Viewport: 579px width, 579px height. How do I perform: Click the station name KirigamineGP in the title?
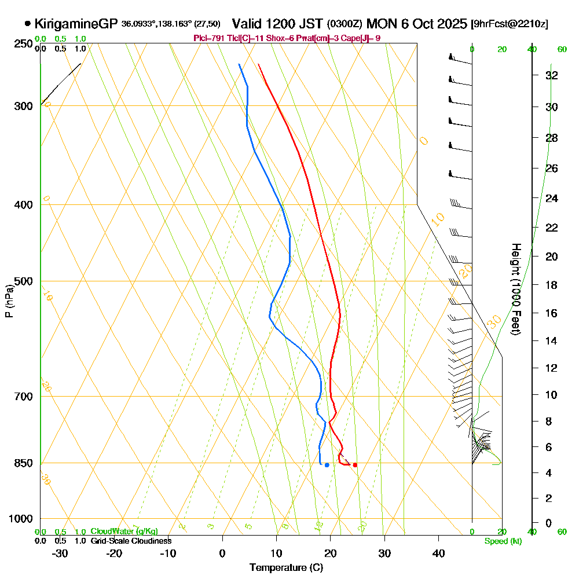coord(76,24)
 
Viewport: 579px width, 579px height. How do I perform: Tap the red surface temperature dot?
coord(355,465)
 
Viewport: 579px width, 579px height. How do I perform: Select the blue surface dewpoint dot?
coord(327,465)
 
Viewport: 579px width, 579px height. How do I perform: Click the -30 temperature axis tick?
coord(60,553)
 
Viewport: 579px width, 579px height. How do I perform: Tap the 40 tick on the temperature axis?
coord(438,553)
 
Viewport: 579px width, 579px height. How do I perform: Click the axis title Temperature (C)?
coord(286,567)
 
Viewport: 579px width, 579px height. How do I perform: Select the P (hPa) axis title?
coord(9,301)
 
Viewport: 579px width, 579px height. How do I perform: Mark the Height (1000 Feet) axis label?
coord(515,289)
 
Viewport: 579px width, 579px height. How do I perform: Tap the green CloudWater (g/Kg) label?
coord(124,532)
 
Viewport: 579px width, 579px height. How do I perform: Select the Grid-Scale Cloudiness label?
coord(131,541)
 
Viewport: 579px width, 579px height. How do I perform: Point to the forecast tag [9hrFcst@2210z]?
coord(510,24)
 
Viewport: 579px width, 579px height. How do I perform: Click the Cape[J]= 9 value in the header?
coord(362,38)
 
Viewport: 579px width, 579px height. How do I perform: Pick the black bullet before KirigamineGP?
coord(27,24)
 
